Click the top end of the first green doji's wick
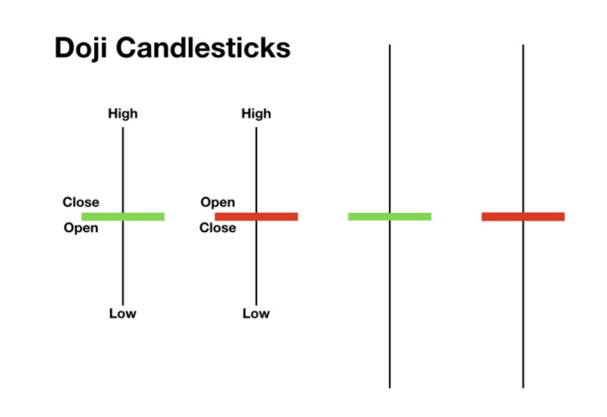click(x=123, y=127)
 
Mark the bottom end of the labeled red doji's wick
click(x=256, y=305)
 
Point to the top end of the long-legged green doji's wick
click(x=390, y=44)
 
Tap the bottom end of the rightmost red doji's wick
click(x=523, y=388)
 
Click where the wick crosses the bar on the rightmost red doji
click(x=523, y=217)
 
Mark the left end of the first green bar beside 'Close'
click(x=82, y=217)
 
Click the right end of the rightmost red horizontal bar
click(x=564, y=217)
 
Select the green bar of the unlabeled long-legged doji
click(x=390, y=217)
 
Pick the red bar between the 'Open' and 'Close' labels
click(x=256, y=217)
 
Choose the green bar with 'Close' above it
click(x=123, y=217)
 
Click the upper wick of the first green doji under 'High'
click(x=123, y=170)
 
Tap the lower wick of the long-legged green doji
click(x=390, y=304)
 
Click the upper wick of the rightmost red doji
click(x=523, y=128)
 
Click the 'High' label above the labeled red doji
click(x=256, y=113)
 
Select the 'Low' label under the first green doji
click(x=123, y=313)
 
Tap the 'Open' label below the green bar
click(x=81, y=228)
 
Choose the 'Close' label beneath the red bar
click(x=218, y=228)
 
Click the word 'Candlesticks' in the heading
click(x=203, y=48)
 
